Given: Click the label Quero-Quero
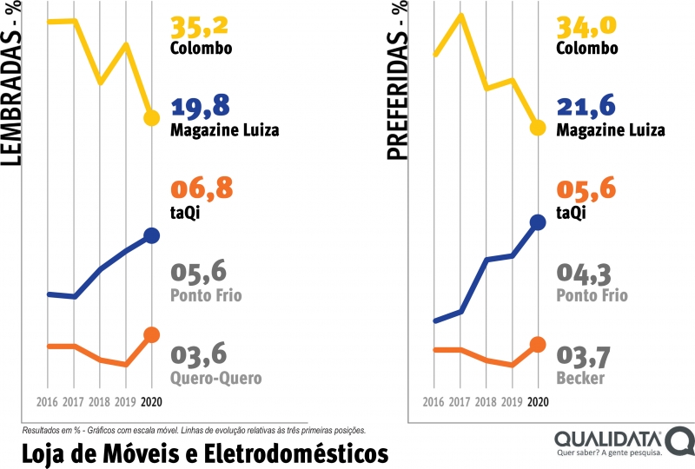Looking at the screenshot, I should [x=215, y=378].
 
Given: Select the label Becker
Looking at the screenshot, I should [x=580, y=378].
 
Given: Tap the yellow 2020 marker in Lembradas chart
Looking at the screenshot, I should [x=151, y=118].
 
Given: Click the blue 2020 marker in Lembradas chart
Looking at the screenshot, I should [x=151, y=235].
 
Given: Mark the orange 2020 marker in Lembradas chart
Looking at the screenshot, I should [x=151, y=335].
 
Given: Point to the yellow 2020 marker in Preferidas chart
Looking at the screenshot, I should [x=537, y=128].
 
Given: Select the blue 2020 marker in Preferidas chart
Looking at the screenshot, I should [x=537, y=222].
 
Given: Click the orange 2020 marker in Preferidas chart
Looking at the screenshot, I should [x=537, y=344].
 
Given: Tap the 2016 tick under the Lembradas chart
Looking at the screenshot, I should [x=47, y=402].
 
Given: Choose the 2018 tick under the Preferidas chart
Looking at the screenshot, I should [x=485, y=402].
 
